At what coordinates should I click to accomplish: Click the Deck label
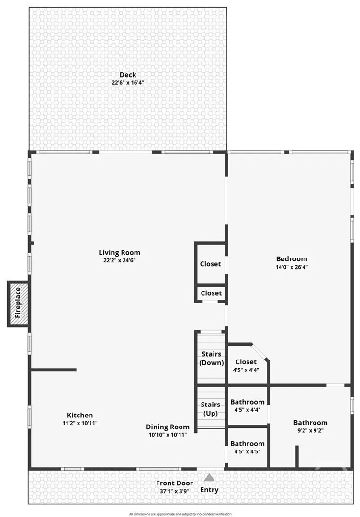coord(128,75)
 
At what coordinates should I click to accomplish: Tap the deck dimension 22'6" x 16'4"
coord(128,82)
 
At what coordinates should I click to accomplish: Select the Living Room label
coord(120,253)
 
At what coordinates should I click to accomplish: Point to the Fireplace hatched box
coord(18,303)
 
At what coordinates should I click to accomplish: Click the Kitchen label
coord(80,416)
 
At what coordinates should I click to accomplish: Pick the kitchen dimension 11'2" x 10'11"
coord(80,423)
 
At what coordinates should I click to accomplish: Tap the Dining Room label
coord(168,427)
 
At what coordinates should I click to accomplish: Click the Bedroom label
coord(292,259)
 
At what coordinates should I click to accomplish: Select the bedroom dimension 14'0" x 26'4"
coord(292,267)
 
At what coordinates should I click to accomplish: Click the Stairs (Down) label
coord(212,359)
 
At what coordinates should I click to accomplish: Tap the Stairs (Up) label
coord(211,409)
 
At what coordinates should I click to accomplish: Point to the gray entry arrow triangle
coord(209,477)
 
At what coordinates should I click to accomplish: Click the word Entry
coord(209,490)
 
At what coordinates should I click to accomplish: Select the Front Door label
coord(175,483)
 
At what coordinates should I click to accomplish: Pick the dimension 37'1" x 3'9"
coord(175,491)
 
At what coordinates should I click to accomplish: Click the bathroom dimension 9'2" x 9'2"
coord(310,430)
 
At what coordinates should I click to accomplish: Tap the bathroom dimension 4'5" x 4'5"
coord(247,451)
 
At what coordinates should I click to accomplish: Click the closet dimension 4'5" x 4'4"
coord(246,370)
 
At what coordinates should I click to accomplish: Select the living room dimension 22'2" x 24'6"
coord(120,260)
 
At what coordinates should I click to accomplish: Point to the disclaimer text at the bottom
coord(180,514)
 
